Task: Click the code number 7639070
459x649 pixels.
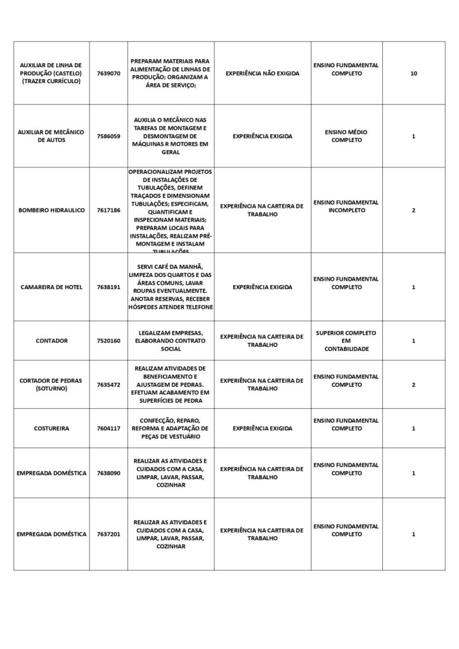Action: (x=108, y=74)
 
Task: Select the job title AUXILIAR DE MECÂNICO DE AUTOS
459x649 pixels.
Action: (x=51, y=136)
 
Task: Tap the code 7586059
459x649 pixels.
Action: (x=108, y=136)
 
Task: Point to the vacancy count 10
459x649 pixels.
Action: (x=413, y=74)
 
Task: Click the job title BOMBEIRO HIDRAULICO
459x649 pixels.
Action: (x=51, y=210)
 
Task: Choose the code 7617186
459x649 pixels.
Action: (x=108, y=210)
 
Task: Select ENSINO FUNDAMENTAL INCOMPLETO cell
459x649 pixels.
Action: (x=346, y=206)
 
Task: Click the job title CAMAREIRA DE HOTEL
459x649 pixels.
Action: (x=51, y=287)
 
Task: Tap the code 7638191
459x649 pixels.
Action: (x=108, y=287)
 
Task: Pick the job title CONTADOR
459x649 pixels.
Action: (x=51, y=341)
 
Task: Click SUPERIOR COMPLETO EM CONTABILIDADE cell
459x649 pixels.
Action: (x=346, y=341)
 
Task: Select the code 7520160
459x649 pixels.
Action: (x=108, y=341)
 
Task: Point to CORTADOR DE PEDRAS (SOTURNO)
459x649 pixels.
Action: (x=51, y=385)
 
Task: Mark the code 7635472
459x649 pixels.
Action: (x=108, y=385)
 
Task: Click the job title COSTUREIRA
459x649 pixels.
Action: (x=51, y=428)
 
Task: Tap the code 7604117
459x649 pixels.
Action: (x=108, y=428)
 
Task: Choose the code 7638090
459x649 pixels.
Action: (x=108, y=473)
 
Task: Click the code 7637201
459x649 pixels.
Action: (x=108, y=534)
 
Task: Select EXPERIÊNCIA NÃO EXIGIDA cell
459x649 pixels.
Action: (x=262, y=74)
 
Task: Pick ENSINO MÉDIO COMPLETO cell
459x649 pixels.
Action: (x=346, y=136)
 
